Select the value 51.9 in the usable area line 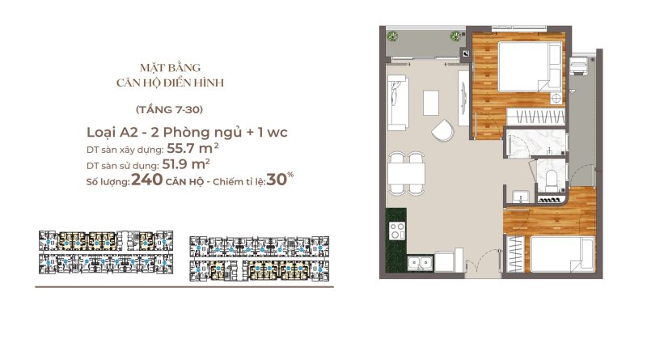coord(176,164)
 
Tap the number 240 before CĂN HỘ coord(147,180)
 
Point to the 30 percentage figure coord(277,180)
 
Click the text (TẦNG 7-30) coord(169,109)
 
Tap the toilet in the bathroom coord(552,181)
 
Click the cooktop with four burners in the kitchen coord(397,231)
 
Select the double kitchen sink coord(421,263)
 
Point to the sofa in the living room coord(398,103)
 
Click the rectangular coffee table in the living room coord(431,103)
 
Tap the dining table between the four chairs coord(407,174)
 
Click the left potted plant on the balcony coord(392,36)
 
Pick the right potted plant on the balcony coord(455,36)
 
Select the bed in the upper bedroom coord(530,66)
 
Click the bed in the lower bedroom coord(562,254)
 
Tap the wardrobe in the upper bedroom coord(535,116)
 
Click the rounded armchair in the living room coord(443,130)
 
